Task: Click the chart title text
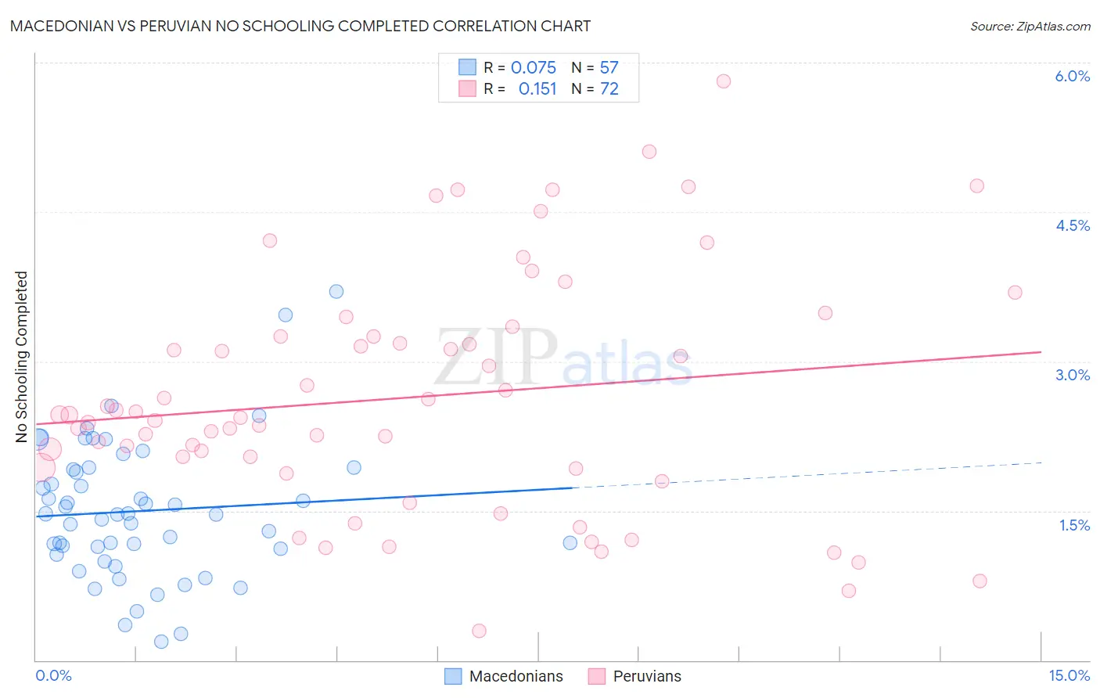[x=300, y=26]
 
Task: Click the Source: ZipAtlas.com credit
[x=1030, y=27]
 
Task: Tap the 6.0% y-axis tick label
[x=1072, y=76]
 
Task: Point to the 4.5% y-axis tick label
[x=1072, y=225]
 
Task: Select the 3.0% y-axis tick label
[x=1072, y=375]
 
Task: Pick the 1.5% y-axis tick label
[x=1074, y=525]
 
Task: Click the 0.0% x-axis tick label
[x=53, y=675]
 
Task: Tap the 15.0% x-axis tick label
[x=1069, y=675]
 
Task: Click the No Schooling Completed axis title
[x=22, y=357]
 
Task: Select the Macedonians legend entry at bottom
[x=504, y=676]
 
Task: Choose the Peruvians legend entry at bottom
[x=634, y=676]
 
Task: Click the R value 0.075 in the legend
[x=533, y=68]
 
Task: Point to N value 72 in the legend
[x=609, y=89]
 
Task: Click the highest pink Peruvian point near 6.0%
[x=724, y=81]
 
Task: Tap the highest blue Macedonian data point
[x=336, y=291]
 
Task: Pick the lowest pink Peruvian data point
[x=479, y=631]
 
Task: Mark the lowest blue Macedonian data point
[x=161, y=642]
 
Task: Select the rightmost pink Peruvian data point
[x=1015, y=293]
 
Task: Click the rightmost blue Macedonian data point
[x=570, y=543]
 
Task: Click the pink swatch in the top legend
[x=467, y=88]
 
